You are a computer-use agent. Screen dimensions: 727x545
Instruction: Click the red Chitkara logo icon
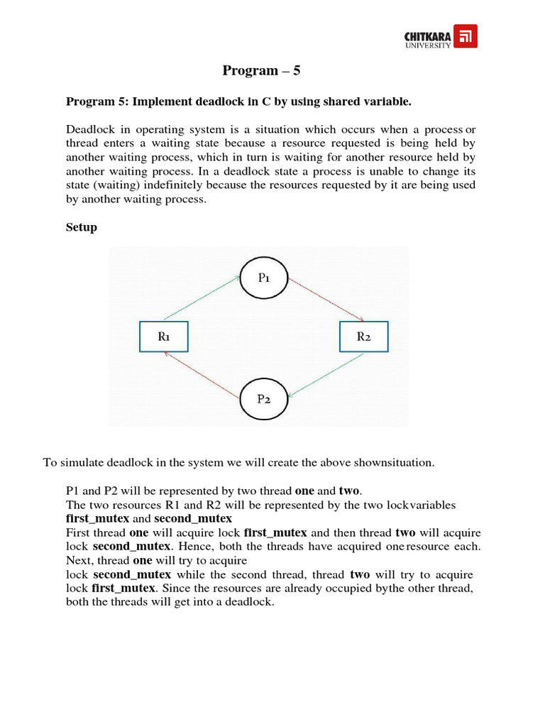point(465,36)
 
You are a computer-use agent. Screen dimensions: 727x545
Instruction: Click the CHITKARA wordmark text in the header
point(427,35)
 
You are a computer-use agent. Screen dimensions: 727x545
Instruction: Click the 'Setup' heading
point(82,227)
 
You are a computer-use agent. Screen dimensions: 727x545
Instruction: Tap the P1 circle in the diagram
point(263,278)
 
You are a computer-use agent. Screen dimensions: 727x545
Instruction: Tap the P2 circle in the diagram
point(263,398)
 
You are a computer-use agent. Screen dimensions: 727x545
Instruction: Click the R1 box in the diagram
point(163,337)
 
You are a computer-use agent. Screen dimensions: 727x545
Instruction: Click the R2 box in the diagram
point(363,337)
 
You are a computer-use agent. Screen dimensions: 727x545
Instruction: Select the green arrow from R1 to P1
point(202,298)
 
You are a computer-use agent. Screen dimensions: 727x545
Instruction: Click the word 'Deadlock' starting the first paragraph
point(89,129)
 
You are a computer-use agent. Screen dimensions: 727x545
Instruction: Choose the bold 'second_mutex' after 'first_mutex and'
point(193,518)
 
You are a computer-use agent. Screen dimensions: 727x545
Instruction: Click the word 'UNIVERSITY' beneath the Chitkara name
point(428,45)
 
